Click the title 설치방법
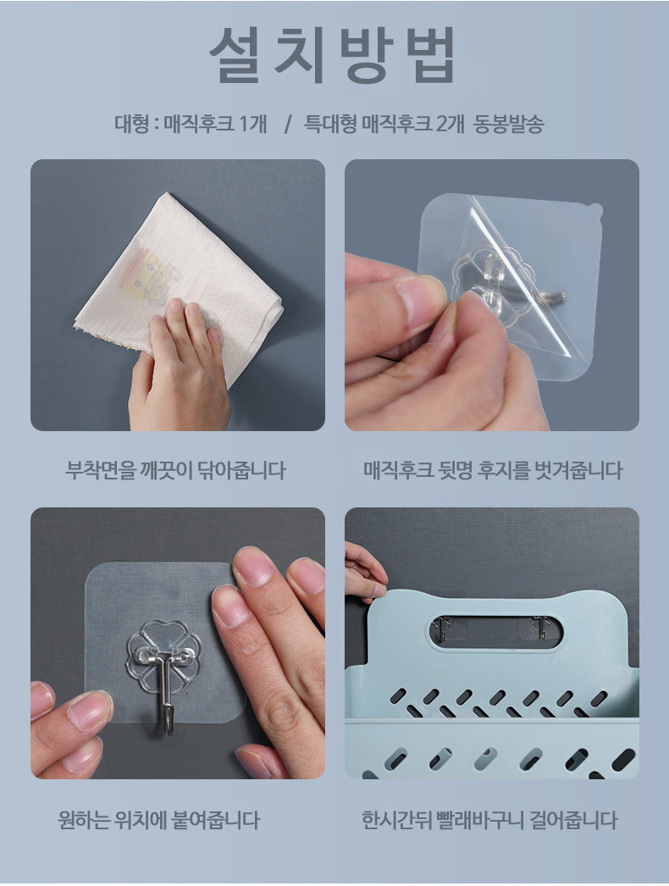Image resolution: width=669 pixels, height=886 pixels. (x=332, y=55)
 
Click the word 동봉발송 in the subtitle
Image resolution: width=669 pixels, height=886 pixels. (x=508, y=124)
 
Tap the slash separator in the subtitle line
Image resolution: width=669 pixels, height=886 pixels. (x=288, y=124)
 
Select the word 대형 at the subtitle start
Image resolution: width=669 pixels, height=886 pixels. (x=131, y=124)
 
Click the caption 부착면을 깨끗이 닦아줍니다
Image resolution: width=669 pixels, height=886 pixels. (x=176, y=469)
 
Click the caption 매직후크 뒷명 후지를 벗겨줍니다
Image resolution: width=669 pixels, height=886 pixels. (x=492, y=469)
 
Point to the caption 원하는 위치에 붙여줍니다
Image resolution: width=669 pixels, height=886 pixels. (x=158, y=819)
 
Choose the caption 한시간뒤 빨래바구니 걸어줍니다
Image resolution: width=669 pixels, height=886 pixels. (x=489, y=819)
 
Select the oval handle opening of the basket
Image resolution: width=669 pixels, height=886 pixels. (x=496, y=632)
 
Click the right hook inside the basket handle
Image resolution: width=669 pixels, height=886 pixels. (x=539, y=628)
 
